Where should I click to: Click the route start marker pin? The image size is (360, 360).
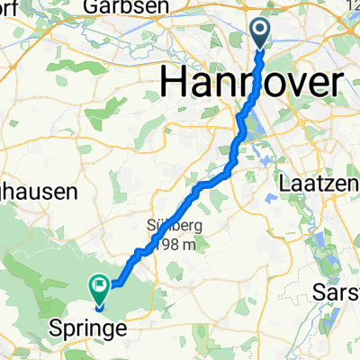261,34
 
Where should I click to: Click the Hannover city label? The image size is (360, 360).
252,83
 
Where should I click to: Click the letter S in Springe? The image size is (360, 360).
52,330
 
